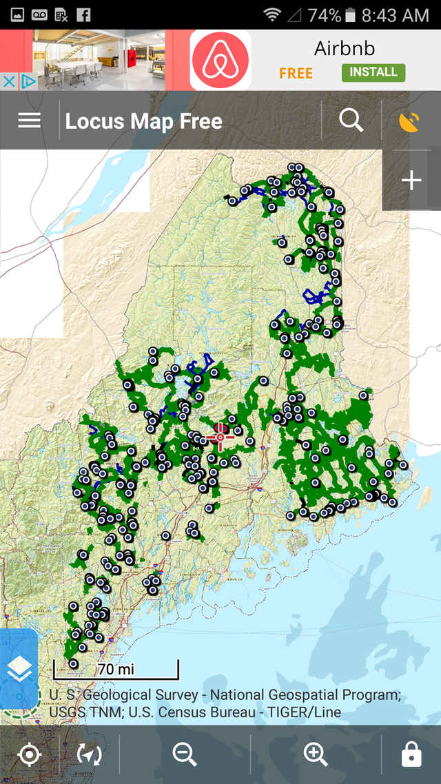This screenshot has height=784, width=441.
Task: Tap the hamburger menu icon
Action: pyautogui.click(x=29, y=121)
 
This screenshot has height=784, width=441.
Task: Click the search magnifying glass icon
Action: pyautogui.click(x=351, y=121)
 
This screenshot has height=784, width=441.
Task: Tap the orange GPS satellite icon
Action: pyautogui.click(x=409, y=122)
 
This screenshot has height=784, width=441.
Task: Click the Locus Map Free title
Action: pyautogui.click(x=143, y=122)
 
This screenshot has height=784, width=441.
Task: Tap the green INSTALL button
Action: pyautogui.click(x=373, y=72)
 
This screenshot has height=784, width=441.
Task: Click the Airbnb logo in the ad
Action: pyautogui.click(x=220, y=60)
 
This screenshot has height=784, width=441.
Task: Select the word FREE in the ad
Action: pyautogui.click(x=296, y=73)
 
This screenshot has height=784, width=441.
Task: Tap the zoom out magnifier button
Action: pyautogui.click(x=185, y=755)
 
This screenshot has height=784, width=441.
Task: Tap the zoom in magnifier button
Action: pyautogui.click(x=316, y=755)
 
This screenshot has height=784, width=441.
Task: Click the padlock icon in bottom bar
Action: pyautogui.click(x=411, y=755)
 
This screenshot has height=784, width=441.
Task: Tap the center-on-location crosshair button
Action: pyautogui.click(x=29, y=755)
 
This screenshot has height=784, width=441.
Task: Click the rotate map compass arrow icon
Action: pyautogui.click(x=90, y=755)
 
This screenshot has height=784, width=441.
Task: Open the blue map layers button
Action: pyautogui.click(x=19, y=668)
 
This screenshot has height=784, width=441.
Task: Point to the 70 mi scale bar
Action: pyautogui.click(x=116, y=670)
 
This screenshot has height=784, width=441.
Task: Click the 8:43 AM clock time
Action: pyautogui.click(x=396, y=14)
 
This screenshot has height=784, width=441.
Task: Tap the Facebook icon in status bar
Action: pyautogui.click(x=83, y=14)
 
